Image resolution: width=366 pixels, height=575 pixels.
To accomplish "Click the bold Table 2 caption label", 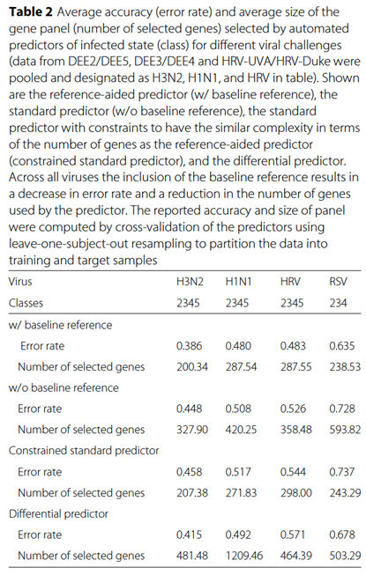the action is tap(31, 12).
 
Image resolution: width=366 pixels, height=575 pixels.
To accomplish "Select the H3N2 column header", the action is tap(190, 282).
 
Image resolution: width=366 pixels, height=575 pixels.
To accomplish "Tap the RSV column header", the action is tap(338, 282).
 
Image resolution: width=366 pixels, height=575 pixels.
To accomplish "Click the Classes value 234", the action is tap(338, 303).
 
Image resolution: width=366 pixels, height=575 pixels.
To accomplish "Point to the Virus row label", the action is tap(20, 282).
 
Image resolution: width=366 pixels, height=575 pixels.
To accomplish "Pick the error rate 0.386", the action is tap(189, 346).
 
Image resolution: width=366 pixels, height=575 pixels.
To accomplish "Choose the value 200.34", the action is tap(192, 366).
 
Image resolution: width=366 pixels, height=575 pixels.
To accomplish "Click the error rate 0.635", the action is tap(342, 346).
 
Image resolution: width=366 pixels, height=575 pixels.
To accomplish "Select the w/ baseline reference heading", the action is tap(60, 325).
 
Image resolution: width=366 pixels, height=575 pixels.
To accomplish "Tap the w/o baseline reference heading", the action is tap(63, 387).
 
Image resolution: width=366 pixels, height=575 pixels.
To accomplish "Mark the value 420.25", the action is tap(241, 430).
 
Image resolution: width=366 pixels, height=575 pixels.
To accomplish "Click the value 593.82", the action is tap(345, 430).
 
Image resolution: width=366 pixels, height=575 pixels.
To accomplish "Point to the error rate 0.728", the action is tap(342, 409).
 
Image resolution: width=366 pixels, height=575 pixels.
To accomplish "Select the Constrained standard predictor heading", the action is tap(84, 450).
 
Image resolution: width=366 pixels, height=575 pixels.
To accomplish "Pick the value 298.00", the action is tap(296, 492).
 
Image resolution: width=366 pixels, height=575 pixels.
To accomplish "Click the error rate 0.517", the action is tap(238, 472).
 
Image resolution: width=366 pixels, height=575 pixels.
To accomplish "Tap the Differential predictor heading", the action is tap(58, 513).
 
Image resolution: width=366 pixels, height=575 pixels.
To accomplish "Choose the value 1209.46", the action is tap(244, 556).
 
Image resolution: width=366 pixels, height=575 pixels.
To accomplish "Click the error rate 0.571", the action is tap(293, 534).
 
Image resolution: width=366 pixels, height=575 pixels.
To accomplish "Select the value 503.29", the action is tap(345, 556).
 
